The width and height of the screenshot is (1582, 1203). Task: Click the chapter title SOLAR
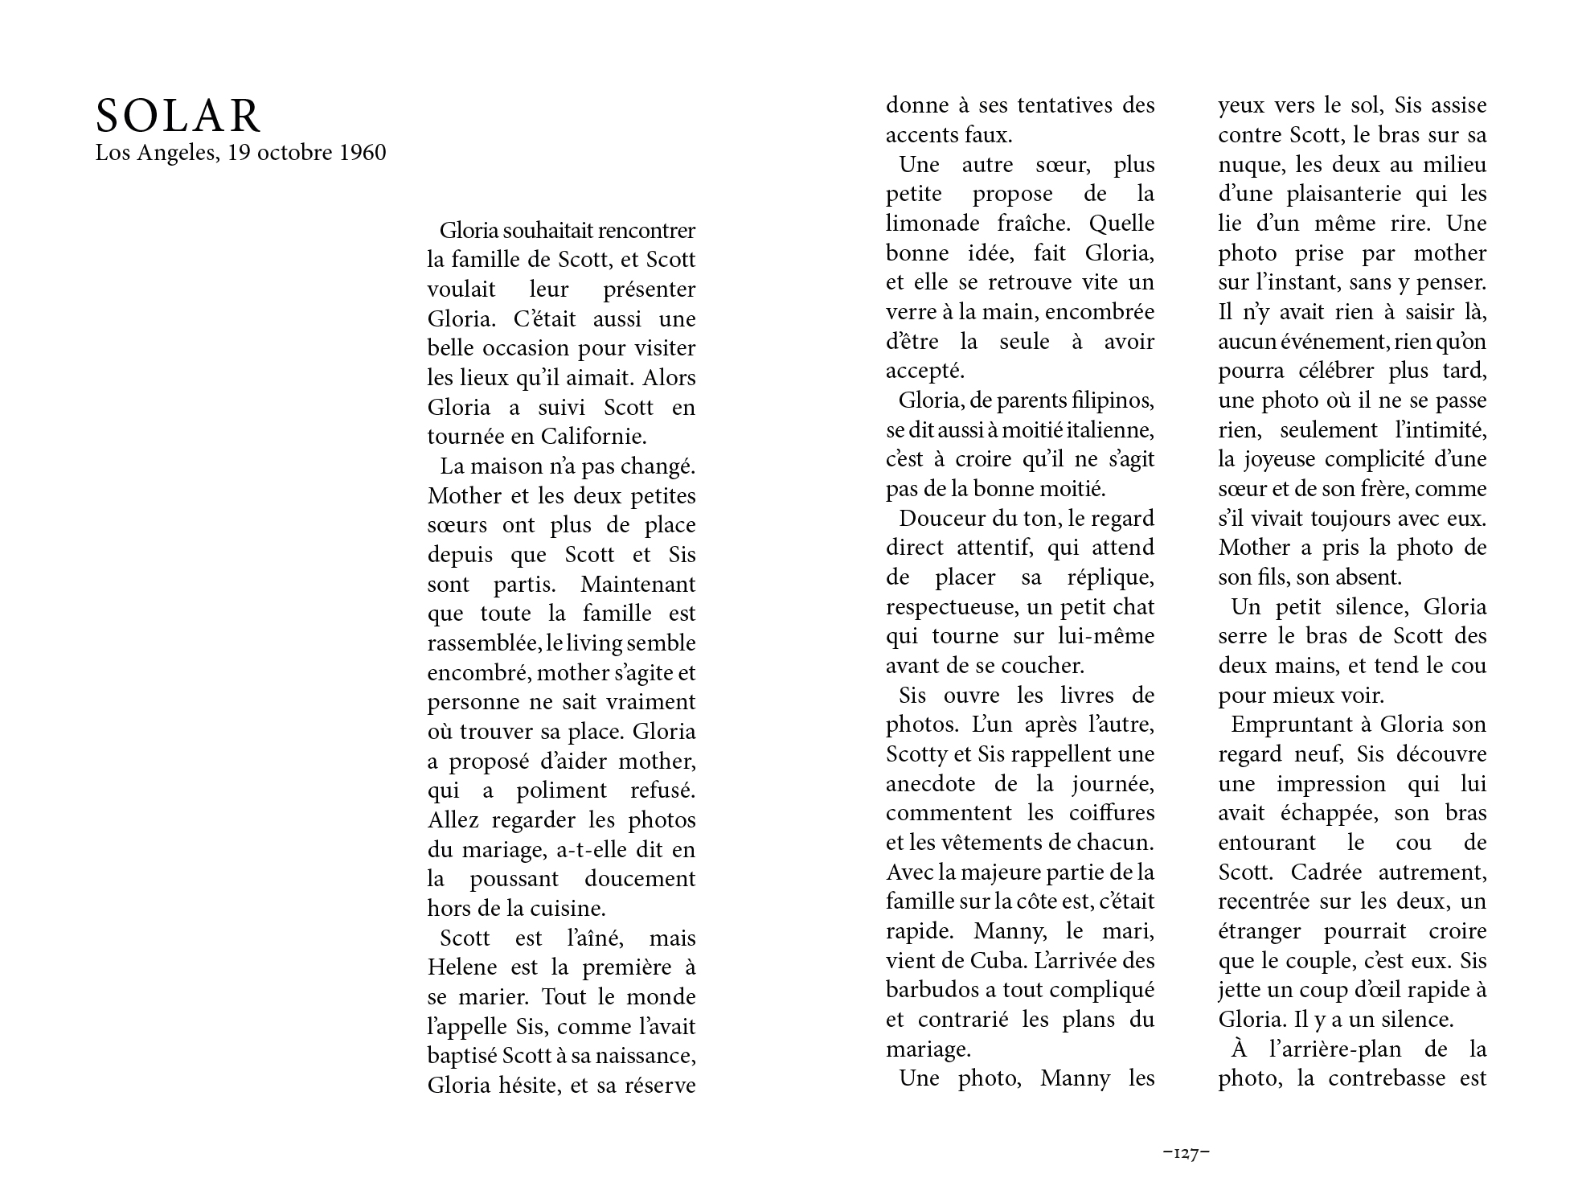click(x=178, y=117)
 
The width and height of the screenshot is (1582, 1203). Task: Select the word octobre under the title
click(x=296, y=153)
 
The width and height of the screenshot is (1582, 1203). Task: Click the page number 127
click(x=1186, y=1153)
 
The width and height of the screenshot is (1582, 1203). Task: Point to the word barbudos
click(x=928, y=990)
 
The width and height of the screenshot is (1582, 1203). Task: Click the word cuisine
click(x=572, y=909)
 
